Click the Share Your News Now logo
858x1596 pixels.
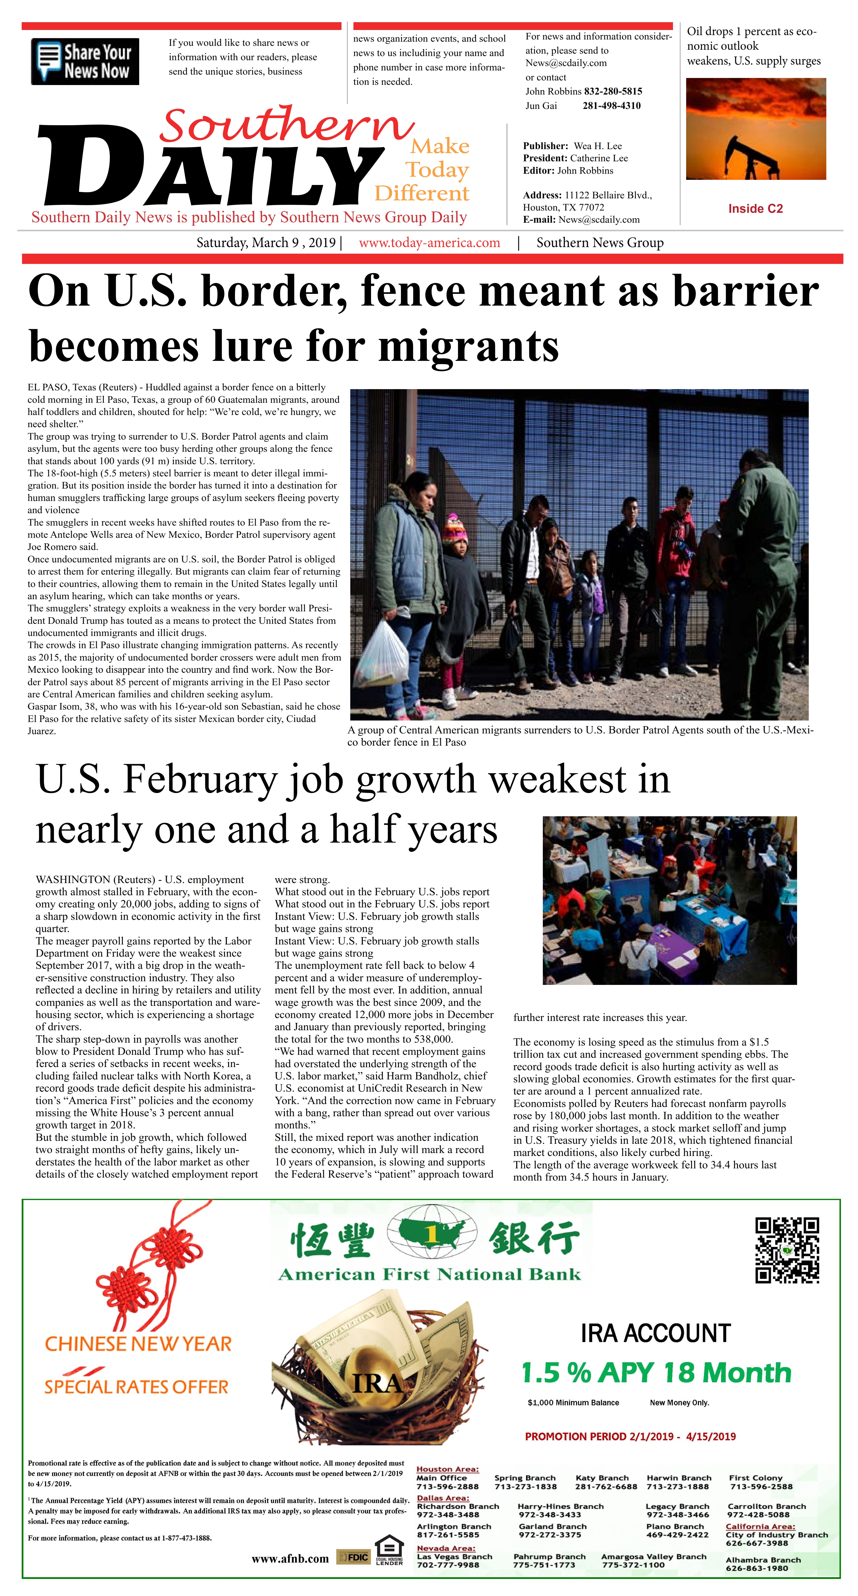click(x=85, y=61)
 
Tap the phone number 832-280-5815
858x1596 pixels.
click(x=613, y=91)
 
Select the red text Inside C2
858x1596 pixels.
click(x=755, y=209)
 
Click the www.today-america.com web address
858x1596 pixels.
click(x=429, y=243)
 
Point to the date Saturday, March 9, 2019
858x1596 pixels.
click(x=266, y=243)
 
